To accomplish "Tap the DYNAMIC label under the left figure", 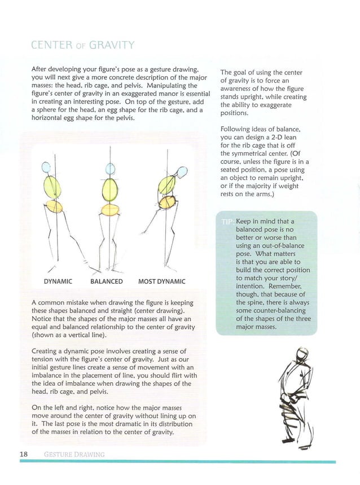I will (x=58, y=281).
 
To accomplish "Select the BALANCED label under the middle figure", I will (x=106, y=281).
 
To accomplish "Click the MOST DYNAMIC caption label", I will (x=161, y=281).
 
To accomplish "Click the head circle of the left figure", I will (x=47, y=167).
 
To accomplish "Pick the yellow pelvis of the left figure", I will (x=54, y=206).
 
